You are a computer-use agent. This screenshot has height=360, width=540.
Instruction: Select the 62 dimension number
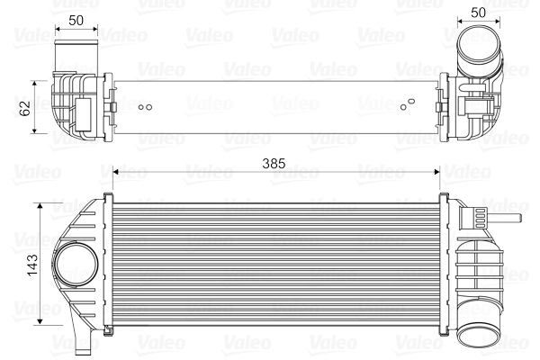click(26, 107)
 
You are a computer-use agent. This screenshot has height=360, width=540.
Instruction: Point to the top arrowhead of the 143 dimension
click(40, 206)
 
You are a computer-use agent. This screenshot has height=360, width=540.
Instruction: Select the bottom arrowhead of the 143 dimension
click(40, 319)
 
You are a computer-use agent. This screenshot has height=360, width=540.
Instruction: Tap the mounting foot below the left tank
click(83, 341)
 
